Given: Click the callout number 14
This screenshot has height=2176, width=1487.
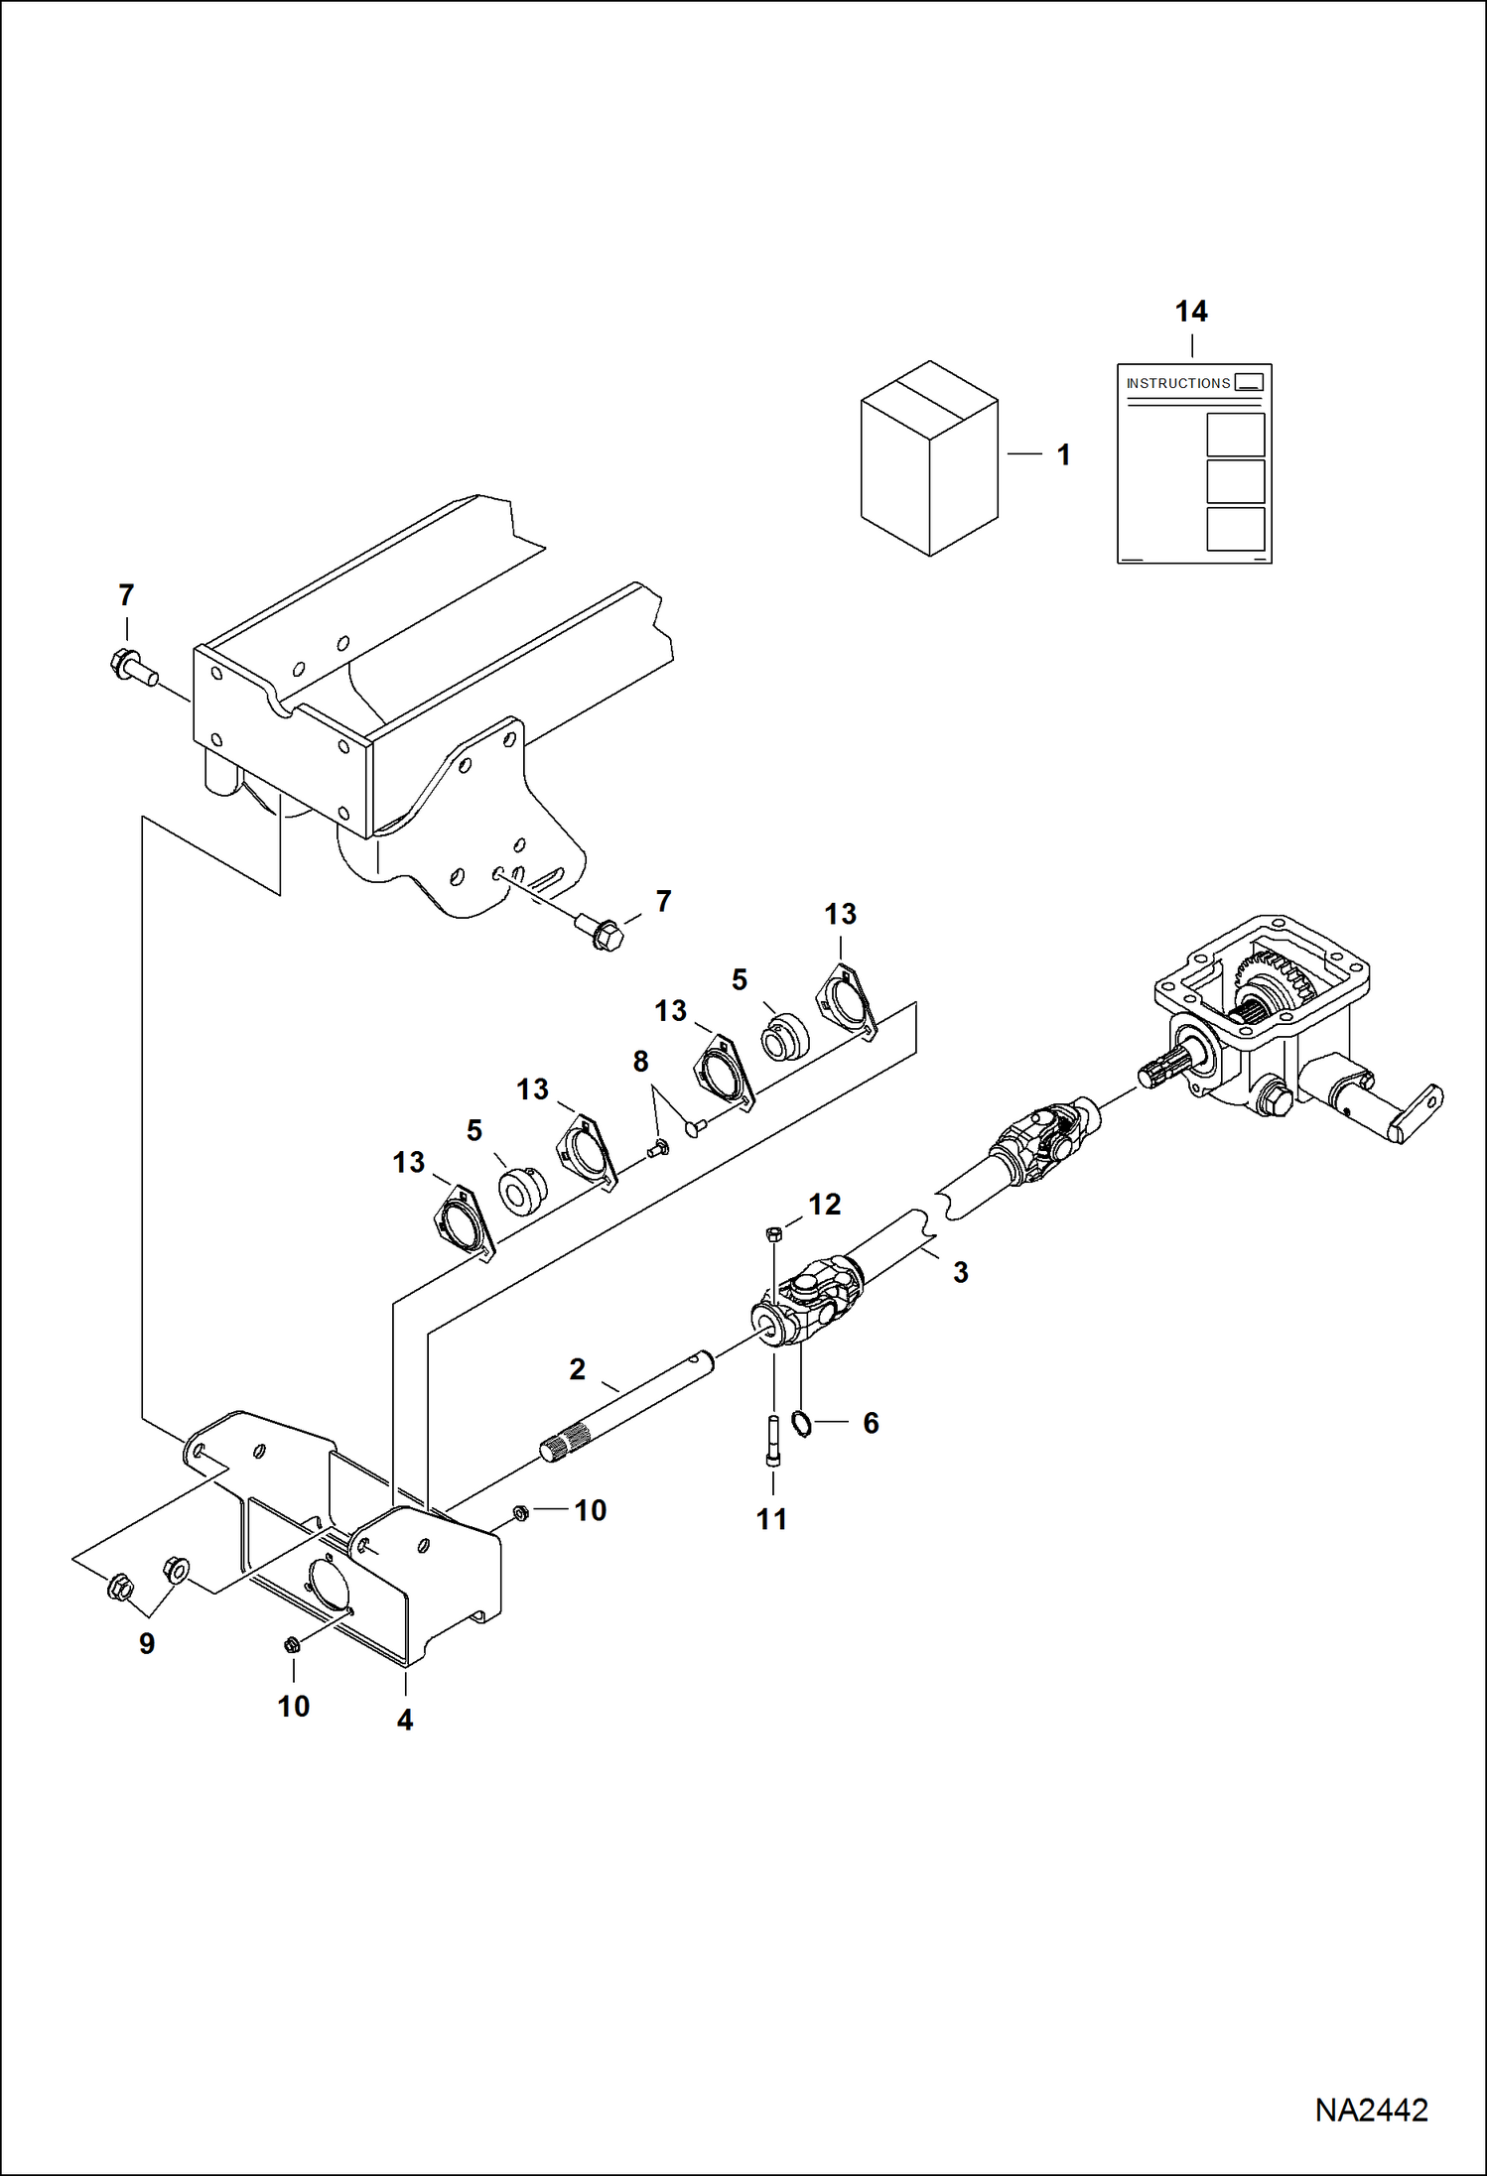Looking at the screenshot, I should tap(1191, 312).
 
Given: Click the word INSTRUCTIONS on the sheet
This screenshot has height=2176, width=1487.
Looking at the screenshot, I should tap(1178, 383).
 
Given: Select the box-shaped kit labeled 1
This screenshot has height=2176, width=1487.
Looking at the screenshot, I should tap(929, 457).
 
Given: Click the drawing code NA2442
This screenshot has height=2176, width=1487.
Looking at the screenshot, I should tap(1371, 2110).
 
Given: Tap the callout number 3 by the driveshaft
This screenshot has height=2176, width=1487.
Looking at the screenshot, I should tap(960, 1272).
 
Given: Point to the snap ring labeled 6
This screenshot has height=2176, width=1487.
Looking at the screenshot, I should tap(802, 1424).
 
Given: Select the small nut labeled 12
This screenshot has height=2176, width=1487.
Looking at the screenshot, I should tap(774, 1233).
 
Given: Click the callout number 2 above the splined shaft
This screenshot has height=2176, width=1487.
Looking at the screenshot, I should tap(577, 1369).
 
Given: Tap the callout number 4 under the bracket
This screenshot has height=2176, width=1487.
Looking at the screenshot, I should tap(405, 1720).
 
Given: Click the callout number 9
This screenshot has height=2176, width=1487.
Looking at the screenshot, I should tap(147, 1644).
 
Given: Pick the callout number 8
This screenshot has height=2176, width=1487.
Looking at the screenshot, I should tap(640, 1062).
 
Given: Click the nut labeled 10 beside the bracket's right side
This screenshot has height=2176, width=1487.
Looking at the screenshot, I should tap(518, 1511).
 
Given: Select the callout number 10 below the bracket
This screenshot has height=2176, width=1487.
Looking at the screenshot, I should tap(294, 1706).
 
